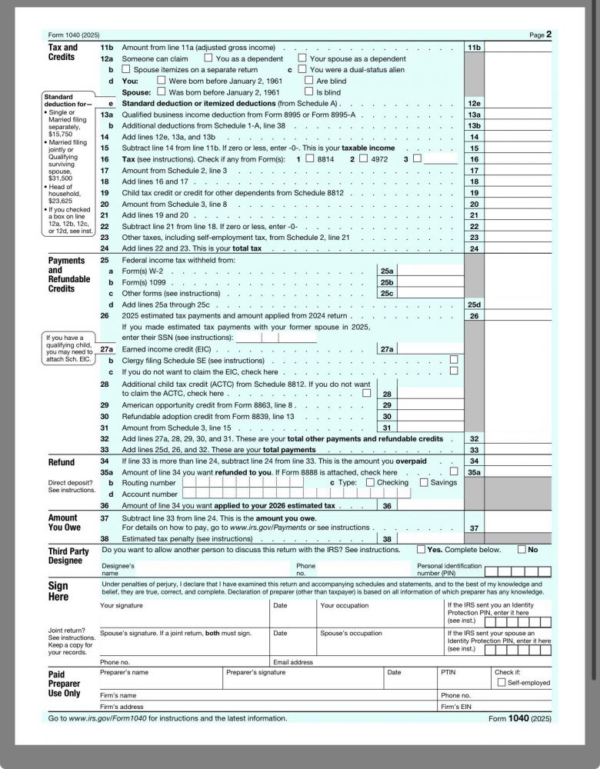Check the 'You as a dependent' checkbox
[208, 58]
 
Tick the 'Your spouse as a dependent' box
[302, 58]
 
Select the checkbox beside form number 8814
[308, 159]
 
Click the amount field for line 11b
[518, 48]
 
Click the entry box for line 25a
[429, 271]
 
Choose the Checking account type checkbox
[370, 482]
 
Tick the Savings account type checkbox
[424, 482]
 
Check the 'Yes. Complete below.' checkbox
[421, 550]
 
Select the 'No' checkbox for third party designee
[522, 550]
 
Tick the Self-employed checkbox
[502, 682]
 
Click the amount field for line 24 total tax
[518, 248]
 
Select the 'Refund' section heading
[62, 462]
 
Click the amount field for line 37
[518, 528]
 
